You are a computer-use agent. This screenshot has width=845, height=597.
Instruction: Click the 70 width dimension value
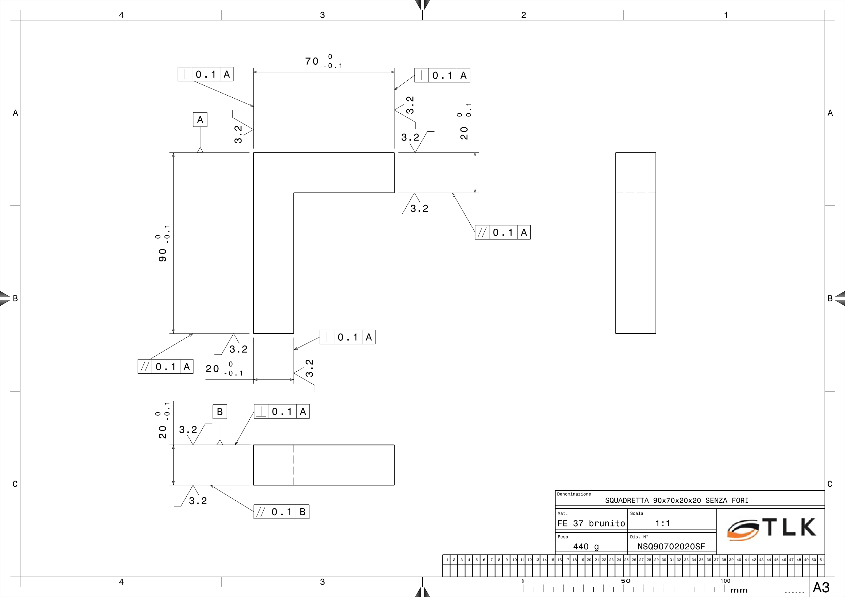[x=312, y=61]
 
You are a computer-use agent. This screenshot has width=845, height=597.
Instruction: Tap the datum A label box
[x=200, y=119]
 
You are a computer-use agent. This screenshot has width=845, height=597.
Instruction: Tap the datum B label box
[x=220, y=412]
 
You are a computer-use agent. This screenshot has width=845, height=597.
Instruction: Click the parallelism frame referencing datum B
[x=281, y=512]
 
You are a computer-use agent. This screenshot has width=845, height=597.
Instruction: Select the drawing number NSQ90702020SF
[x=671, y=547]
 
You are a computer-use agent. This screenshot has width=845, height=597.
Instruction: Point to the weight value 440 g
[x=586, y=547]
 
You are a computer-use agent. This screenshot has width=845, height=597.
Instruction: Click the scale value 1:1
[x=662, y=523]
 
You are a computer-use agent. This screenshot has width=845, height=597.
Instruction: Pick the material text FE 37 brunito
[x=591, y=523]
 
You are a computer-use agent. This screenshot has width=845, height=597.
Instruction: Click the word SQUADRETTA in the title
[x=627, y=501]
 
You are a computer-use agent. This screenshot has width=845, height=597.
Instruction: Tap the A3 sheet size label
[x=821, y=587]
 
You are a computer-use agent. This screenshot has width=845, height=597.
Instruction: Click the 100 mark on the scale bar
[x=725, y=581]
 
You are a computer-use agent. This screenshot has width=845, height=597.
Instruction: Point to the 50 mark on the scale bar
[x=625, y=581]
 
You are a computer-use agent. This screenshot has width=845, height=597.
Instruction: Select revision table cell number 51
[x=821, y=560]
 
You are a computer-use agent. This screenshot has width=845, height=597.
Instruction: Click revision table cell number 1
[x=447, y=560]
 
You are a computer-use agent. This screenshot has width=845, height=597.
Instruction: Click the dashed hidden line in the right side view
[x=636, y=193]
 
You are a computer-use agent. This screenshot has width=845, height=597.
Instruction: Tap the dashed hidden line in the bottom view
[x=294, y=465]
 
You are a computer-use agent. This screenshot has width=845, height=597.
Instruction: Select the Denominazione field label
[x=574, y=494]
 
